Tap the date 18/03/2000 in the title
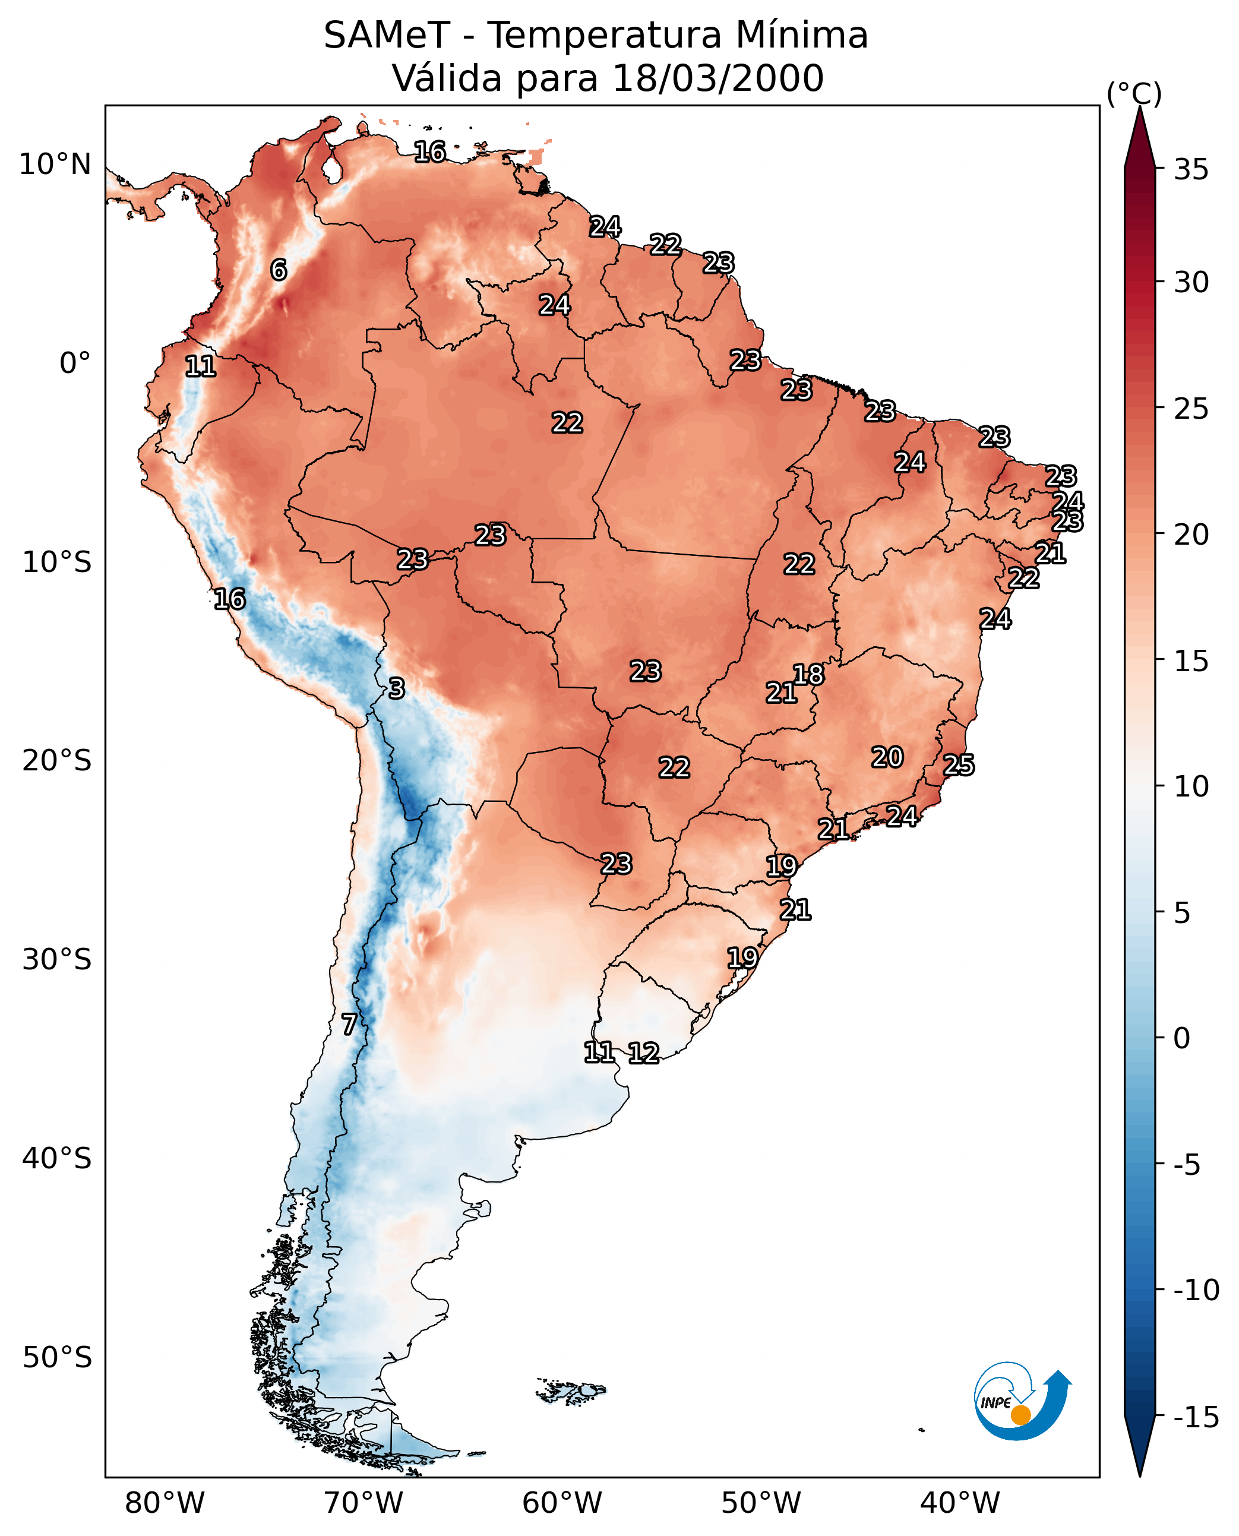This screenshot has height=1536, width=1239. click(718, 78)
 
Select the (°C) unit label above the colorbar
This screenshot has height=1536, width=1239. click(1134, 93)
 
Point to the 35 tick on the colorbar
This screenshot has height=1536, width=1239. click(1191, 170)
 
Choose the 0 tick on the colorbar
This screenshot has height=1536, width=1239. click(1182, 1038)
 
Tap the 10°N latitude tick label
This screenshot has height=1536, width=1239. click(55, 165)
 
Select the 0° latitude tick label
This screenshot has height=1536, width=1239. click(75, 364)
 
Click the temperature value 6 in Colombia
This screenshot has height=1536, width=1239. click(279, 270)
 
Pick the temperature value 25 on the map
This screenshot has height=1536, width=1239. click(959, 765)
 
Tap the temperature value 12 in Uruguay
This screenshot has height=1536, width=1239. click(643, 1053)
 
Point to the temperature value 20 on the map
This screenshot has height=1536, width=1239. click(887, 757)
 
